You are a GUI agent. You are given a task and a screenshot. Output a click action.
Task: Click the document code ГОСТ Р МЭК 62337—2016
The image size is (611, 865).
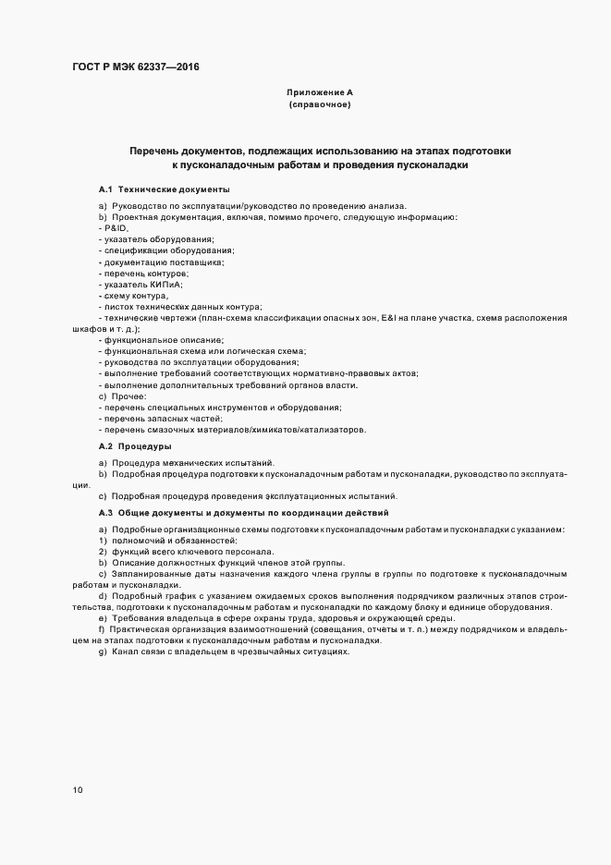point(136,67)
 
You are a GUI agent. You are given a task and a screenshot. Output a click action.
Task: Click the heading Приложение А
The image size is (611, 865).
point(320,93)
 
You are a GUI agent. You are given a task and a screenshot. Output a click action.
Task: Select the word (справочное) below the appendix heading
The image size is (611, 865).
point(320,105)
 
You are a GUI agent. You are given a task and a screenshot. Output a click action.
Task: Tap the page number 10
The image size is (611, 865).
point(78,789)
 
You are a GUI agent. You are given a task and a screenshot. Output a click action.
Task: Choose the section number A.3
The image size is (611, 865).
point(105,512)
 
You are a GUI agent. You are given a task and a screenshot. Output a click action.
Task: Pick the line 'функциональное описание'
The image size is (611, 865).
point(152,340)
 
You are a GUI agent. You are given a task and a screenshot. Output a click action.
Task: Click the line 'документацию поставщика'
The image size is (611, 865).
point(159,262)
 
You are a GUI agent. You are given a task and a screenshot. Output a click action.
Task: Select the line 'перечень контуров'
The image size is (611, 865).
point(145,274)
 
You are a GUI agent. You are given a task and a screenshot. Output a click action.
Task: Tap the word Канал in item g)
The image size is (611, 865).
point(122,652)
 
